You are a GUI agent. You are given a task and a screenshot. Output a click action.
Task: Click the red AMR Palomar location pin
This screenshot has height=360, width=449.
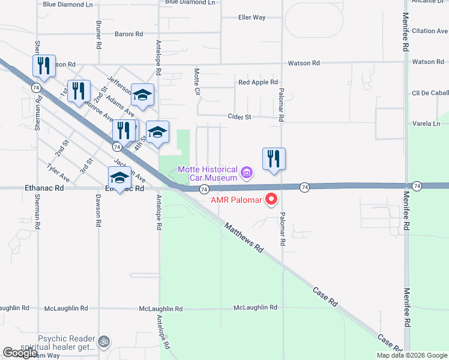tap(271, 198)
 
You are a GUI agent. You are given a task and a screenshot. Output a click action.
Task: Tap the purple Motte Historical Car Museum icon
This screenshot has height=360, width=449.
tap(246, 173)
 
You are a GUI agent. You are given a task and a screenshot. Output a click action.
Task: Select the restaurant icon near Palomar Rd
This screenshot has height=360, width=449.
tap(274, 159)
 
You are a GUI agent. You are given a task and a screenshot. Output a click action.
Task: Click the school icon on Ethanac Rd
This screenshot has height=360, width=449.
tap(119, 178)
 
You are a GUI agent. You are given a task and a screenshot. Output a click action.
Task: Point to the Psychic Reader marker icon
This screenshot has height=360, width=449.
tap(105, 339)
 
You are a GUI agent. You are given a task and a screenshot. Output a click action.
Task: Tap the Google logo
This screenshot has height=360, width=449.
tap(20, 353)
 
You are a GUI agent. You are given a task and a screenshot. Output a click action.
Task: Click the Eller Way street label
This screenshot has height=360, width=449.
tap(252, 17)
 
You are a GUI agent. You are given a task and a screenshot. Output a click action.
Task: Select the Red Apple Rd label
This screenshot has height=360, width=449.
tap(258, 82)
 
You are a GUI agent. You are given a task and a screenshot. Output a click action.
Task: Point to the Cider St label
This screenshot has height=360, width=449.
tap(239, 117)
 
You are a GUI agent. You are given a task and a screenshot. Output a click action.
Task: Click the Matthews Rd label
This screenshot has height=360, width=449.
tap(243, 238)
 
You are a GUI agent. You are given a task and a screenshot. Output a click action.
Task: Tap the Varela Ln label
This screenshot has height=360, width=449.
tap(426, 124)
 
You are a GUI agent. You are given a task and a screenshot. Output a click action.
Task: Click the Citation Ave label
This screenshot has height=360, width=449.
tap(430, 31)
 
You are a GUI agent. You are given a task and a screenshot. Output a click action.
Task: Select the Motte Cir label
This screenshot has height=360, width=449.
tap(196, 82)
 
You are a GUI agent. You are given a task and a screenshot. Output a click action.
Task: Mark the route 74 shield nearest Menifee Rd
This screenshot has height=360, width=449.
tap(417, 187)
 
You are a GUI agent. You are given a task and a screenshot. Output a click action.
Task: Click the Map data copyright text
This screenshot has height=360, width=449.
tap(411, 355)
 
